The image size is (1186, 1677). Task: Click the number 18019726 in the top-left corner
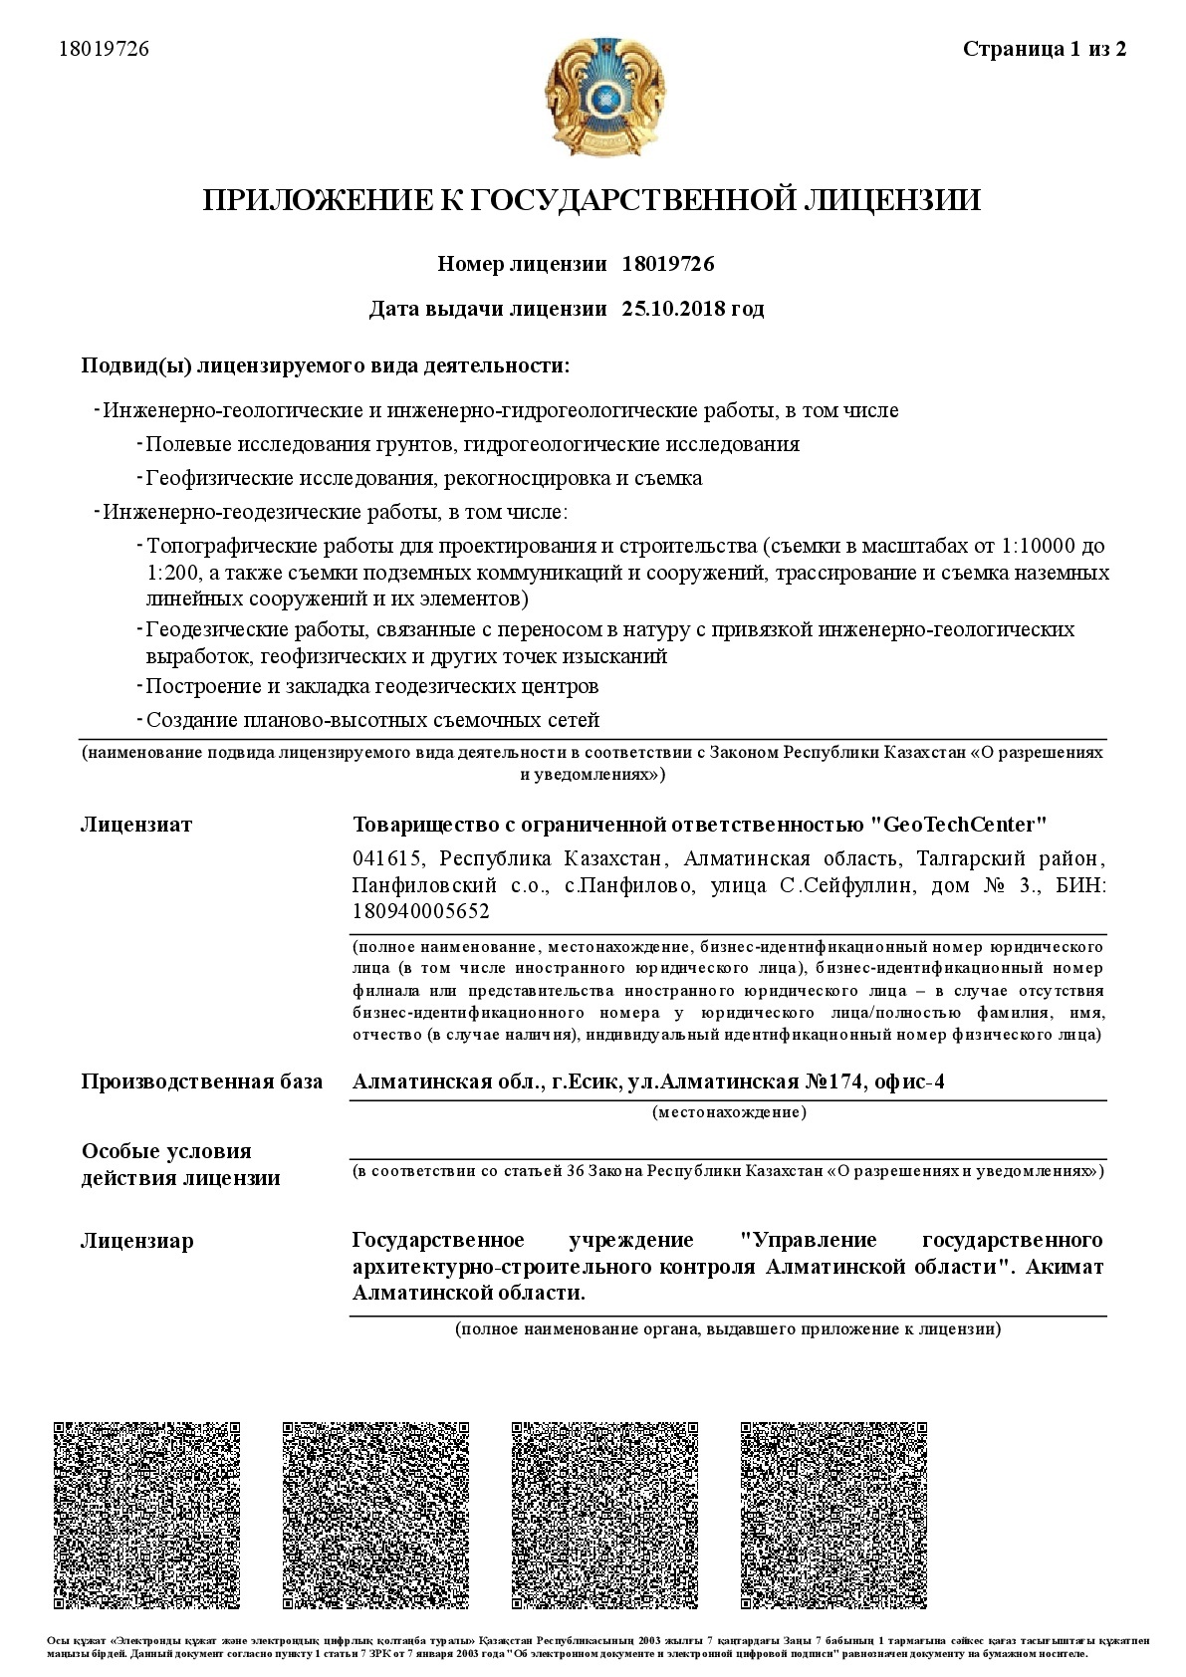click(x=105, y=49)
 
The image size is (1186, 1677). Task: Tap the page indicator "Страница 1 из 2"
click(x=1045, y=49)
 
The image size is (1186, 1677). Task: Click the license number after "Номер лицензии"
click(x=667, y=264)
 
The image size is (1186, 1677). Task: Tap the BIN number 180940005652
click(x=420, y=911)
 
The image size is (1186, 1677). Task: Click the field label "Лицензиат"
click(x=136, y=825)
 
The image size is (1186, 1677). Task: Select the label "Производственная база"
click(x=201, y=1082)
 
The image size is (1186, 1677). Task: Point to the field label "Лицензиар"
click(x=137, y=1241)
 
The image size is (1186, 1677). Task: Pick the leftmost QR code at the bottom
click(x=146, y=1515)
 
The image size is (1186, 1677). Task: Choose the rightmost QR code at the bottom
click(x=833, y=1515)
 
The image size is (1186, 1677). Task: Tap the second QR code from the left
click(x=375, y=1515)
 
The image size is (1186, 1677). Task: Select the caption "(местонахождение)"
click(x=729, y=1112)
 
